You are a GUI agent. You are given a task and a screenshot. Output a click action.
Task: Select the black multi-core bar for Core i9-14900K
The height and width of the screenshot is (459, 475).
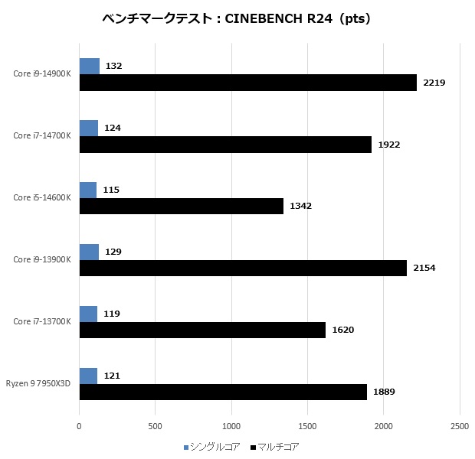coord(247,83)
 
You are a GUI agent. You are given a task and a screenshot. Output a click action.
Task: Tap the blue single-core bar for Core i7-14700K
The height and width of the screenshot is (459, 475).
coord(88,128)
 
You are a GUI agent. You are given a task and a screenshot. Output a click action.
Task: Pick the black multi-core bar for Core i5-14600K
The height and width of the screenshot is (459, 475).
coord(181,206)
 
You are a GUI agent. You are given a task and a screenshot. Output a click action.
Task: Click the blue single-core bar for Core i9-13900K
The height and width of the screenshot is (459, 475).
coord(89,252)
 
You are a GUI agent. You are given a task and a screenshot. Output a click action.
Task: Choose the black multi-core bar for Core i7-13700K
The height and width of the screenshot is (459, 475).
coord(202,330)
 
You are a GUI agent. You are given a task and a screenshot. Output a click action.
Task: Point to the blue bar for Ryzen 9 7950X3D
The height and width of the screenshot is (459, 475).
coord(88,376)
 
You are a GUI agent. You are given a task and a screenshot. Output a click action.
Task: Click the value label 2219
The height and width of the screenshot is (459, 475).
coord(434,83)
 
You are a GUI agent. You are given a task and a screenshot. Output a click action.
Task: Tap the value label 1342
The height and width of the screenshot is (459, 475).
coord(300,207)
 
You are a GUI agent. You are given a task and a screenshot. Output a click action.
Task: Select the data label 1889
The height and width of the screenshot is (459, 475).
coord(384,392)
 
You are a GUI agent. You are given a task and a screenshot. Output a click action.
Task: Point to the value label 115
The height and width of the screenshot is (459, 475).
coord(112,190)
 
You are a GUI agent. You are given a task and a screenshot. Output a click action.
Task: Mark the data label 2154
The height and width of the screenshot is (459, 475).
coord(424,268)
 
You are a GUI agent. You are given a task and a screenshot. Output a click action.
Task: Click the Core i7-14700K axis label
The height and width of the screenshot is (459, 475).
coord(42,135)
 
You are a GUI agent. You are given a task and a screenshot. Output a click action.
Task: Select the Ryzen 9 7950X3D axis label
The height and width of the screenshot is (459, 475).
coord(38,383)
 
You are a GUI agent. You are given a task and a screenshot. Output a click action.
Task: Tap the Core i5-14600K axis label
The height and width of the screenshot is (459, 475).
coord(42,197)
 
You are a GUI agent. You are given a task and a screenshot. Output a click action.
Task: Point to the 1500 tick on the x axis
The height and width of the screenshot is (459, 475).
coord(307,425)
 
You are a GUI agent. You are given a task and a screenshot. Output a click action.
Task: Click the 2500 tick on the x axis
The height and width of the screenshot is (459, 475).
coord(459,425)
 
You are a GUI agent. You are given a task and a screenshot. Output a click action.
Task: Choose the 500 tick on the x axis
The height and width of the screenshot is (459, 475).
coord(156,425)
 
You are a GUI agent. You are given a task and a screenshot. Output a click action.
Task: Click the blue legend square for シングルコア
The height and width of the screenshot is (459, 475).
coord(186,446)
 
